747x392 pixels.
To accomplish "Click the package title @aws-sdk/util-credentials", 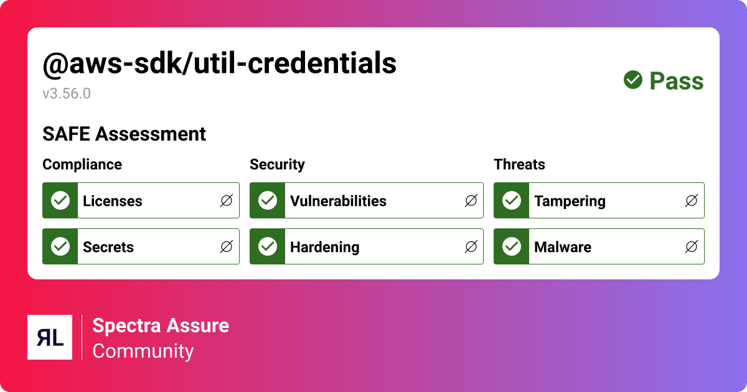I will [219, 63].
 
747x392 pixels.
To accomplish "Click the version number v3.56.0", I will [67, 94].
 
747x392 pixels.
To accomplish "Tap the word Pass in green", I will [677, 81].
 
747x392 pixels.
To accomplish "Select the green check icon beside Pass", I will [633, 80].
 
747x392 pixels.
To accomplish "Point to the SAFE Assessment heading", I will [124, 134].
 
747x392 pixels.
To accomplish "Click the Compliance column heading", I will [82, 164].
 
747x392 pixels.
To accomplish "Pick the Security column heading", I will [277, 164].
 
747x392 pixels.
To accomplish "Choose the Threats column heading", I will [519, 164].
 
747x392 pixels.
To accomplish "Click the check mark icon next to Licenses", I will [60, 200].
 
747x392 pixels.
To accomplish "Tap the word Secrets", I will [108, 247].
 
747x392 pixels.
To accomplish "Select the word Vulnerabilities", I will [338, 201].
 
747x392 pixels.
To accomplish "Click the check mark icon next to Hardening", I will [268, 246].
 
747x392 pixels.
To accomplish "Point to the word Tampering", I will [570, 201].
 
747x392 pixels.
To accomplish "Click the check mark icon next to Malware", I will [512, 246].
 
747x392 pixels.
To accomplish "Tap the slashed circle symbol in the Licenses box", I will [227, 200].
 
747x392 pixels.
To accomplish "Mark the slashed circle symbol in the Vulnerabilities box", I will [471, 200].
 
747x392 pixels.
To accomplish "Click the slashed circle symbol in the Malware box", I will [692, 246].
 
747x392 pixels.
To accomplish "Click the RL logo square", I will [50, 337].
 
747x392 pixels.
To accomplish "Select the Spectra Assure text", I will [161, 325].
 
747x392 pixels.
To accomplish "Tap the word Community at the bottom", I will [143, 351].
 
